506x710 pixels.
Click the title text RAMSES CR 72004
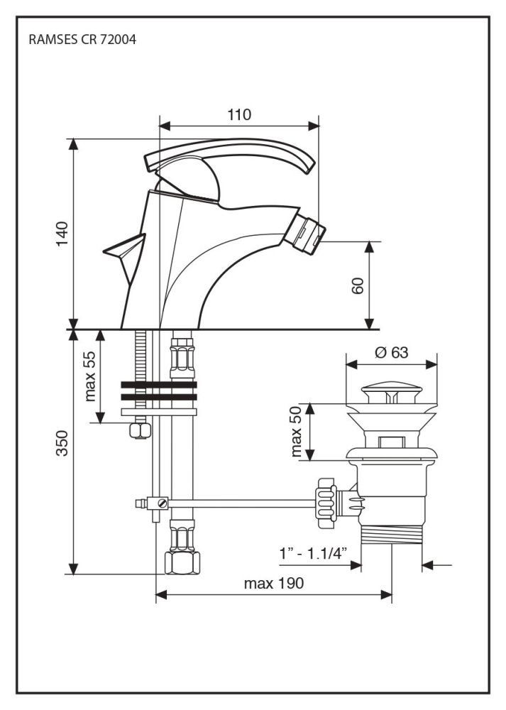tap(82, 40)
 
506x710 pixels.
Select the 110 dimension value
tap(239, 114)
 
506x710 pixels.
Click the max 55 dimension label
tap(89, 377)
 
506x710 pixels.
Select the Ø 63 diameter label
tap(390, 350)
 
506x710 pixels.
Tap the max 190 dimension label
tap(273, 584)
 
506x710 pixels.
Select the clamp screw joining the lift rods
tap(163, 503)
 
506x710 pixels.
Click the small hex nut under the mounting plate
tap(139, 430)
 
